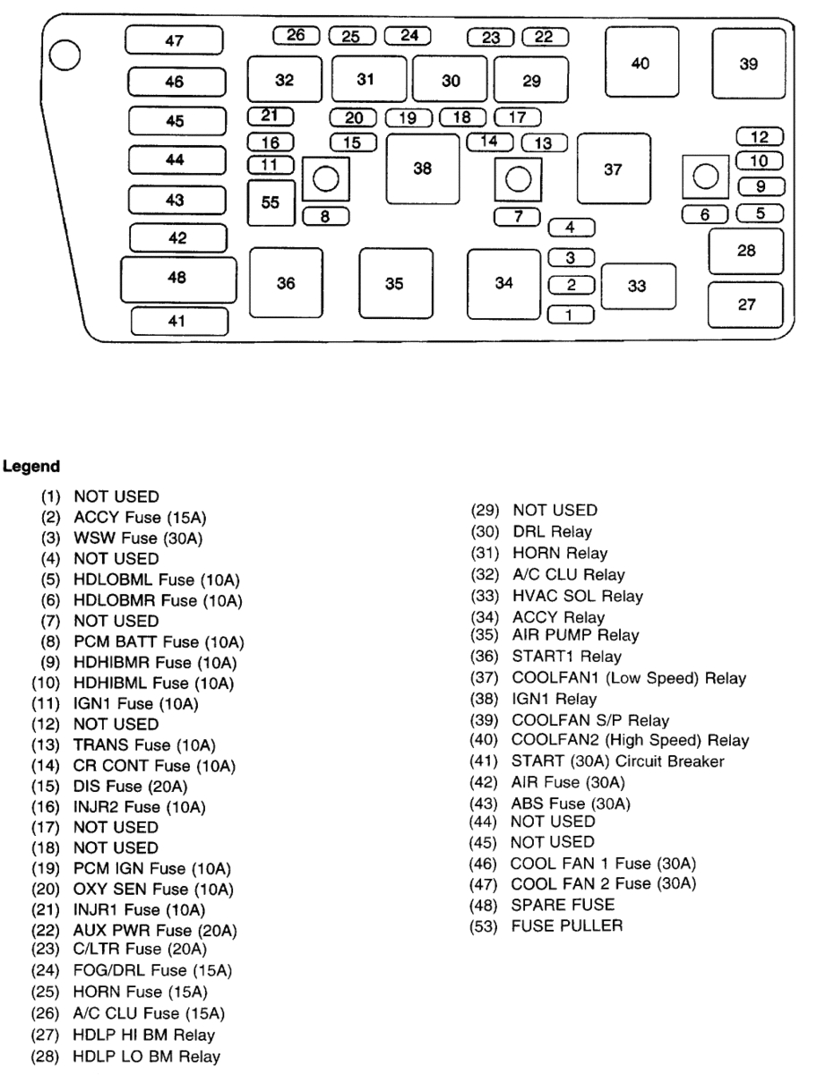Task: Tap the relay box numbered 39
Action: pyautogui.click(x=749, y=63)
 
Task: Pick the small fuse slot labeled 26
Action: pyautogui.click(x=296, y=36)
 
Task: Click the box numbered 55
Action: pyautogui.click(x=271, y=202)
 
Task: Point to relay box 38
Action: pyautogui.click(x=423, y=168)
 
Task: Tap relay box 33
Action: pyautogui.click(x=637, y=287)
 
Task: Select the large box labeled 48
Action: pyautogui.click(x=177, y=279)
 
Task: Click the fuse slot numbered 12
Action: pyautogui.click(x=760, y=137)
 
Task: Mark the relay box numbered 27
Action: pyautogui.click(x=746, y=305)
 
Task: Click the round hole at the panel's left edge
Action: pyautogui.click(x=65, y=56)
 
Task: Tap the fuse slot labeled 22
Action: pyautogui.click(x=545, y=37)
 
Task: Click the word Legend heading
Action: pyautogui.click(x=31, y=466)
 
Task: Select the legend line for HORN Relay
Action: pyautogui.click(x=559, y=554)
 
